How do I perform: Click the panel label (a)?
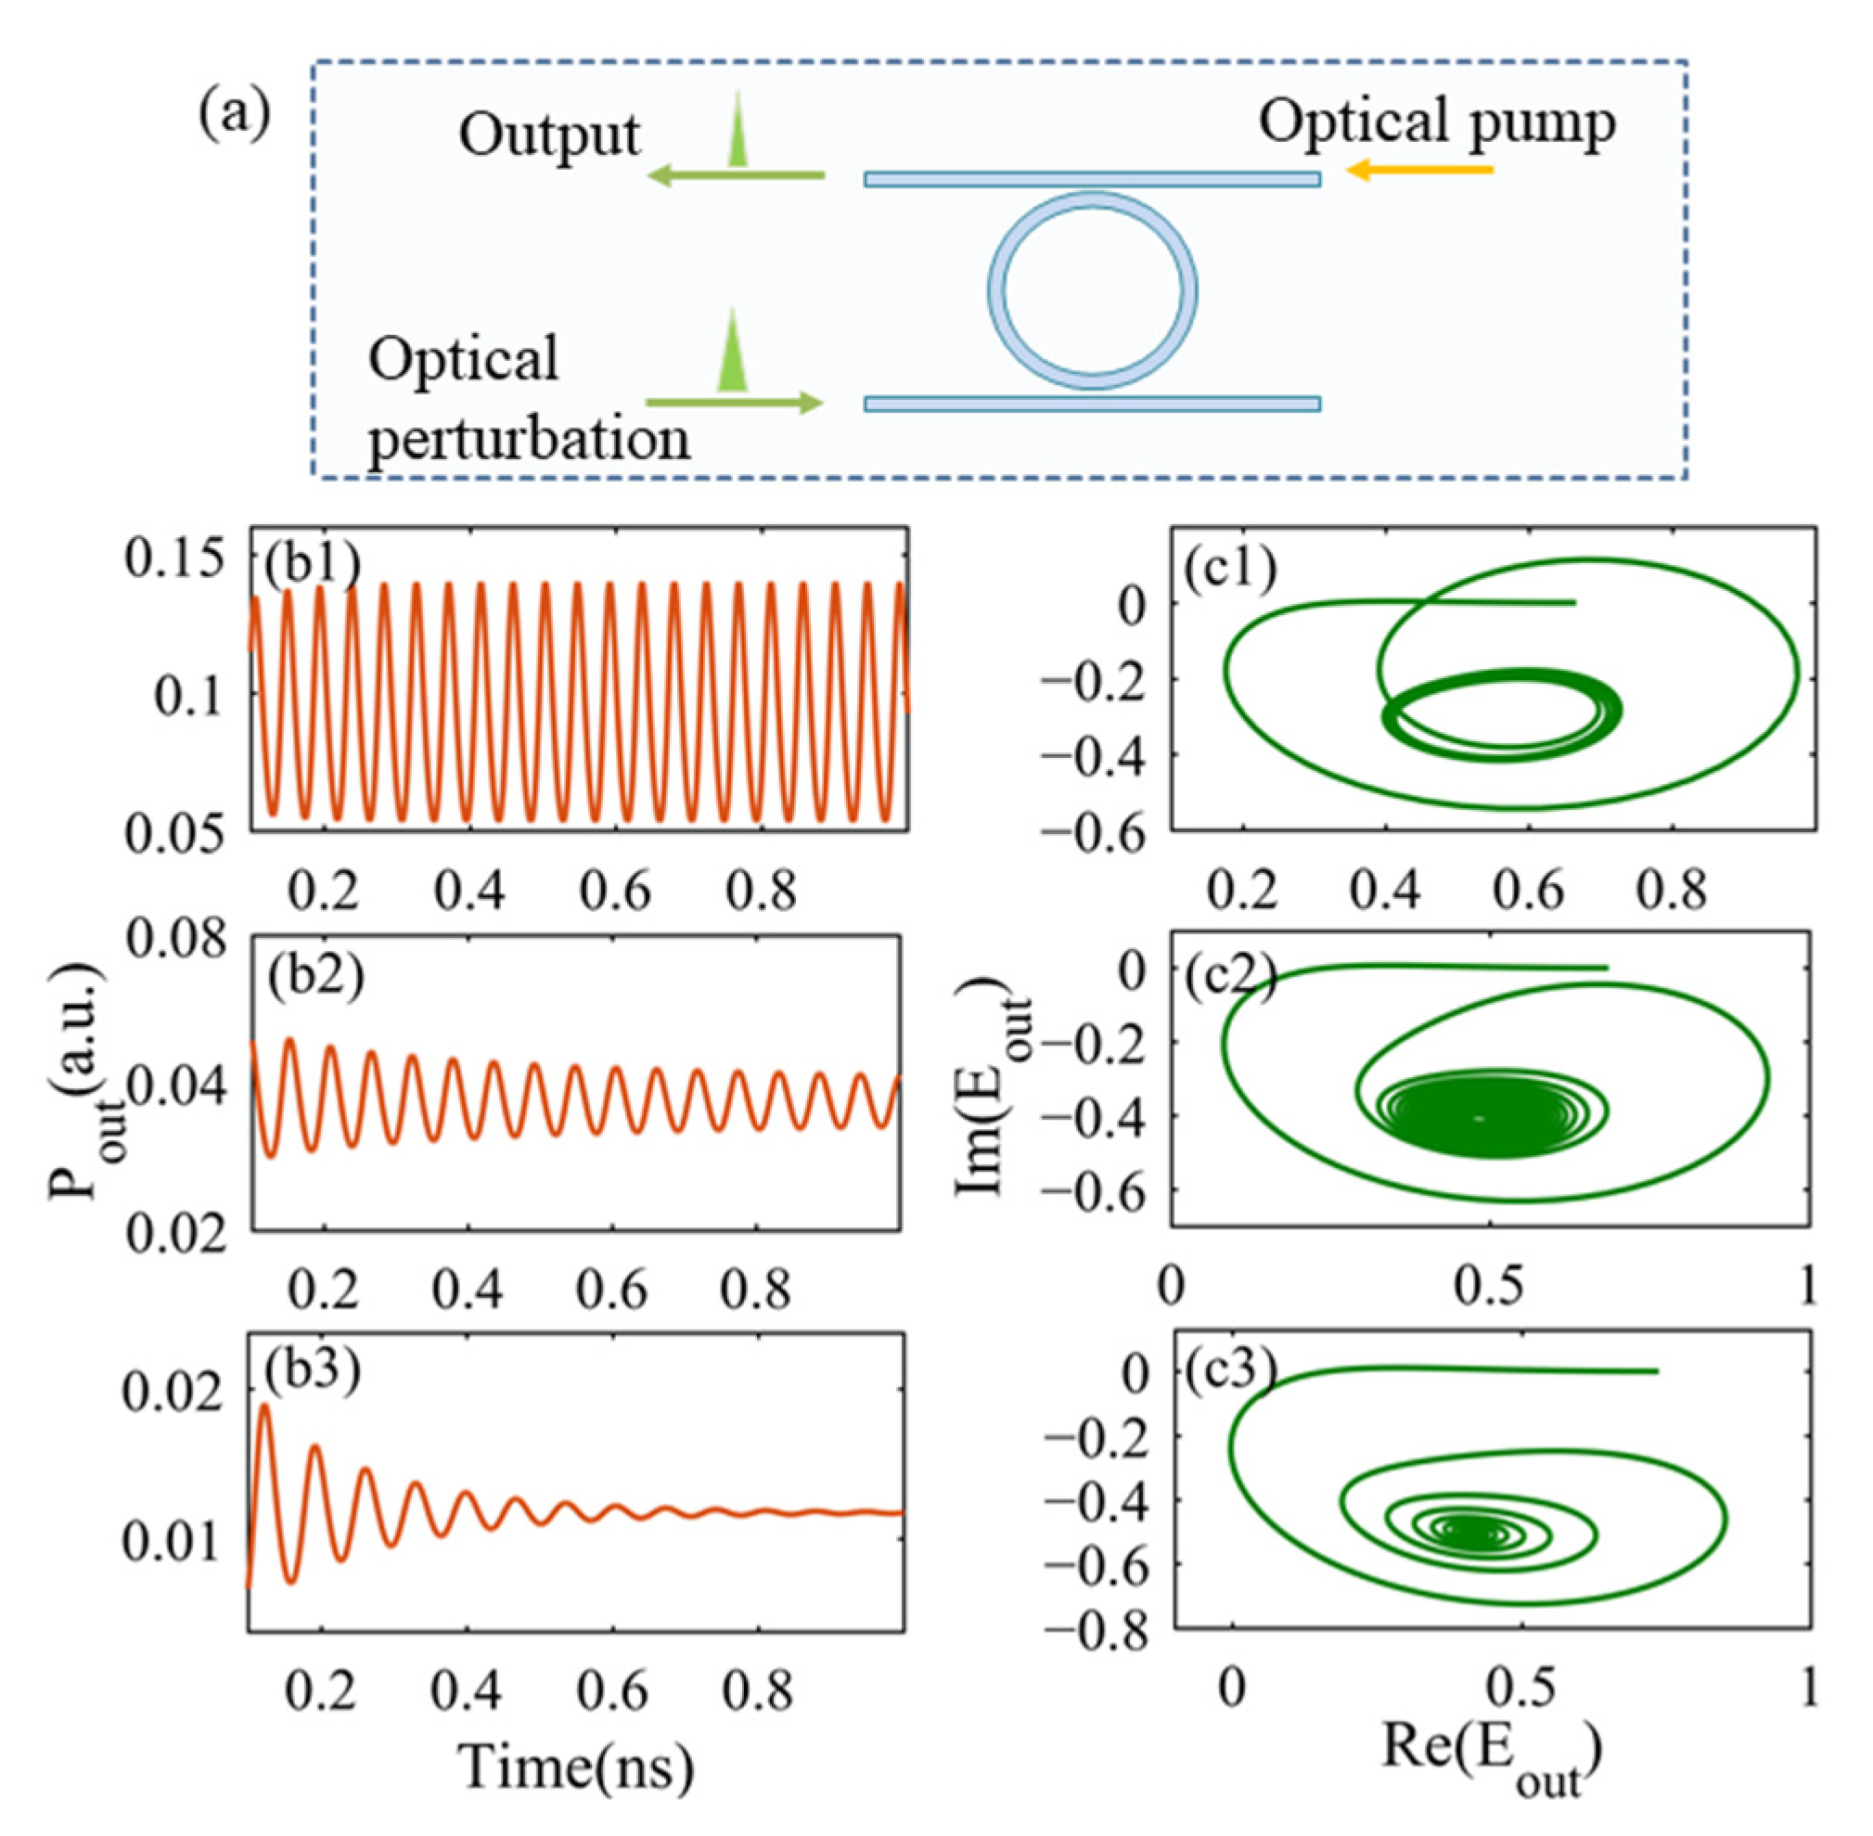(235, 115)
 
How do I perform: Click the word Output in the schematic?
(549, 135)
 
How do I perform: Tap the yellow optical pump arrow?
(1418, 171)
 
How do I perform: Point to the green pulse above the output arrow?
(738, 130)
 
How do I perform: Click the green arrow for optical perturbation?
(734, 403)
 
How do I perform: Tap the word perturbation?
(529, 440)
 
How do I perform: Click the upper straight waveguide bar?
(1092, 179)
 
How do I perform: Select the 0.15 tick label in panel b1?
(174, 559)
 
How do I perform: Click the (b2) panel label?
(314, 976)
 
